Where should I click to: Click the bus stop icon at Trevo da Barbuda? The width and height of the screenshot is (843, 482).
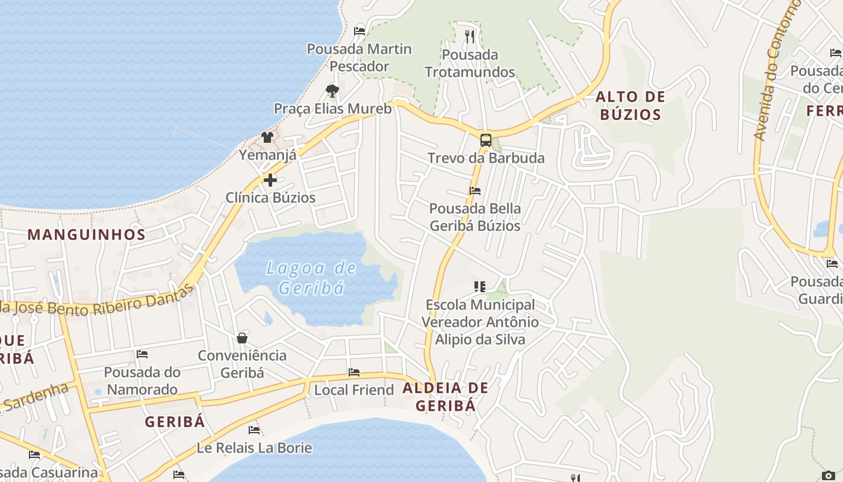point(485,140)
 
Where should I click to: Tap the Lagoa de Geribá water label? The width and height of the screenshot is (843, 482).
point(311,277)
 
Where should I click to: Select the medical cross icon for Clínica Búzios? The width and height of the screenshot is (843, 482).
point(270,180)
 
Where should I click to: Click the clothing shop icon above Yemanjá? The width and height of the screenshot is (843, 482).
point(267,137)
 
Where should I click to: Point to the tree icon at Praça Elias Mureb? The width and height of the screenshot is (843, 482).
point(332,91)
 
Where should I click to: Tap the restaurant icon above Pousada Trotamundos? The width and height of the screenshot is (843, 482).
point(470,37)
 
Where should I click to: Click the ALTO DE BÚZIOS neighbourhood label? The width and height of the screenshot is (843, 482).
point(630,105)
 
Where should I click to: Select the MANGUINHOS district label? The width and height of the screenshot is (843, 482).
point(87,234)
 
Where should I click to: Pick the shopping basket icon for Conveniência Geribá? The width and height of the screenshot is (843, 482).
point(242,338)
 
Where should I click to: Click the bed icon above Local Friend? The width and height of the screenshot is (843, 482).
point(354,372)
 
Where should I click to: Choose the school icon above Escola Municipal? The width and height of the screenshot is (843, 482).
point(479,287)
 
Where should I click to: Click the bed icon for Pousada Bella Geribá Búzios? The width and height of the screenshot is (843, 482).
point(475,191)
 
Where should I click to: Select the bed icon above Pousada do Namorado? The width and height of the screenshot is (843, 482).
point(142,354)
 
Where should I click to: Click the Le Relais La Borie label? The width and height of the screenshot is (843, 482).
point(254,448)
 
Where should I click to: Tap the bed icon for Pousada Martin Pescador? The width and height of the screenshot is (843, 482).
point(359,31)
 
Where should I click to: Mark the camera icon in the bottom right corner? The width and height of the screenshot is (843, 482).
point(829,475)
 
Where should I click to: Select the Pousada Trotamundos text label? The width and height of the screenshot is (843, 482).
point(470,63)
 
